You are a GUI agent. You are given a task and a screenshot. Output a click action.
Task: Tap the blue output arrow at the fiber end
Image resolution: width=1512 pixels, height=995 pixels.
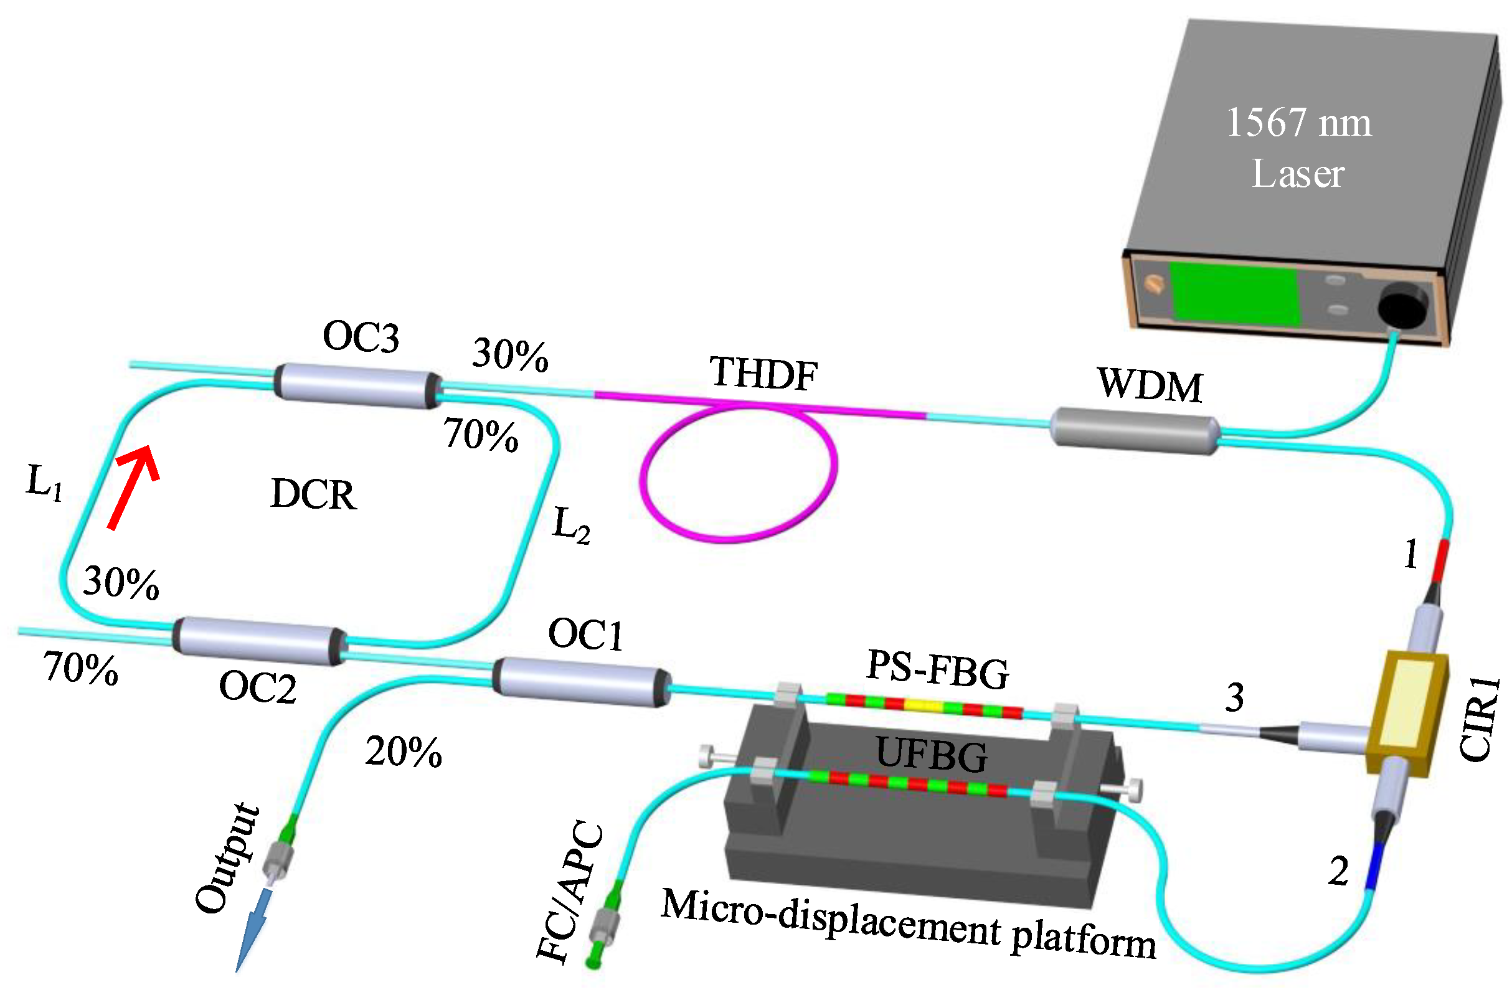[254, 928]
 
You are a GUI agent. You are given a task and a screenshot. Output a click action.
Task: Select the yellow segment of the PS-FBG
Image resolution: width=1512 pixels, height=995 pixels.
[924, 706]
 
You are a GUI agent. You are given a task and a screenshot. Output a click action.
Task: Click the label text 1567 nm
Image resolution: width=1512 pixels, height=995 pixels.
[1298, 122]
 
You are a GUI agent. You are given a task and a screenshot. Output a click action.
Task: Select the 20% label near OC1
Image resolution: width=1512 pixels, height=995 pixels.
[403, 752]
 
